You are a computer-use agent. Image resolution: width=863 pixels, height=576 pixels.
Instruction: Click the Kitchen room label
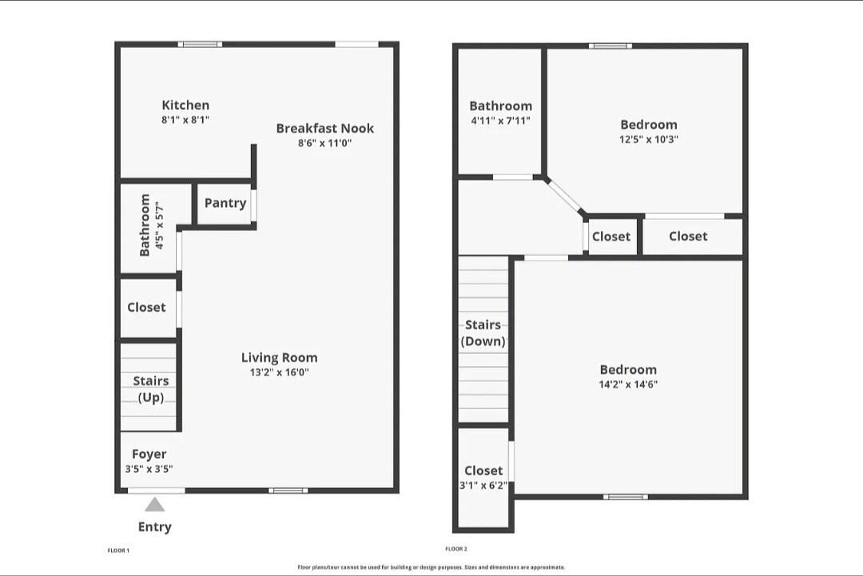(x=185, y=105)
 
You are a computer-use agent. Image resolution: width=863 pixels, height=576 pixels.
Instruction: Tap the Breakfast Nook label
(x=325, y=128)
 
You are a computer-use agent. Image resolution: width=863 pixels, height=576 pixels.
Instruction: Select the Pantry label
(x=225, y=203)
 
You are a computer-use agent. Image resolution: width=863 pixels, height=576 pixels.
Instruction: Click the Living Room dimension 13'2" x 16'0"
(x=280, y=372)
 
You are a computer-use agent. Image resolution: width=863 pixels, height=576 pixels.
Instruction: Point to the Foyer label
(x=149, y=455)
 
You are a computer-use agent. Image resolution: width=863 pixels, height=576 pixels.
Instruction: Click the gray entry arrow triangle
(x=155, y=504)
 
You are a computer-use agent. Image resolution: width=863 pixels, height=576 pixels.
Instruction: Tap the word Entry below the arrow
(x=155, y=526)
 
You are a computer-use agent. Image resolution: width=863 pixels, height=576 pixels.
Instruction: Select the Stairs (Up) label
(x=151, y=389)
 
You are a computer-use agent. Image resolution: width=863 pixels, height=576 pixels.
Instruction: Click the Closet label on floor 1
(x=147, y=308)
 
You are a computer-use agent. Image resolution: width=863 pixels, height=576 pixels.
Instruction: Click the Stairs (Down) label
(x=483, y=333)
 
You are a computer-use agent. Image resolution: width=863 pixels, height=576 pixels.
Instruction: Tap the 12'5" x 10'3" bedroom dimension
(x=649, y=139)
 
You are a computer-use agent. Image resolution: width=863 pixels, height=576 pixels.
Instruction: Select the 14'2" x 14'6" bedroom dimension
(x=628, y=384)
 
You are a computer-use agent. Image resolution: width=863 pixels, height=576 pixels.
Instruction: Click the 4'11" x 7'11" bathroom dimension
(x=500, y=121)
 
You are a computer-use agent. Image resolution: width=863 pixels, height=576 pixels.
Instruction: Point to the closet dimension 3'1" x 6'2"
(x=483, y=485)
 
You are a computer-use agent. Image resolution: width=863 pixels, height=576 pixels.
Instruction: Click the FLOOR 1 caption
(x=118, y=550)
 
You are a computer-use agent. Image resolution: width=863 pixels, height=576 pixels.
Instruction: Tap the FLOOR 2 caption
(x=456, y=549)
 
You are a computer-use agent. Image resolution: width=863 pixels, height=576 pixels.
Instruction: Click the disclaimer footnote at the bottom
(x=431, y=567)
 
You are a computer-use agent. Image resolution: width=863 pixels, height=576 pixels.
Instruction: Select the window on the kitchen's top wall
(x=201, y=44)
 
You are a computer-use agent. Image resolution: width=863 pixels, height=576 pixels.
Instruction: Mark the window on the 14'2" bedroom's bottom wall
(x=626, y=497)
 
